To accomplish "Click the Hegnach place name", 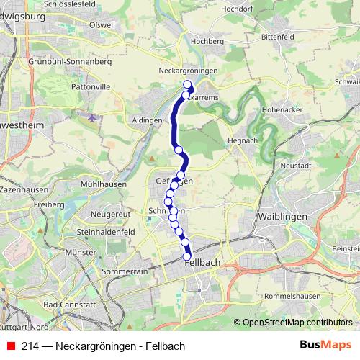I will [241, 140].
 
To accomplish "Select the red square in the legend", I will [10, 346].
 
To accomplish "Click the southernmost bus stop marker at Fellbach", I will [187, 256].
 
